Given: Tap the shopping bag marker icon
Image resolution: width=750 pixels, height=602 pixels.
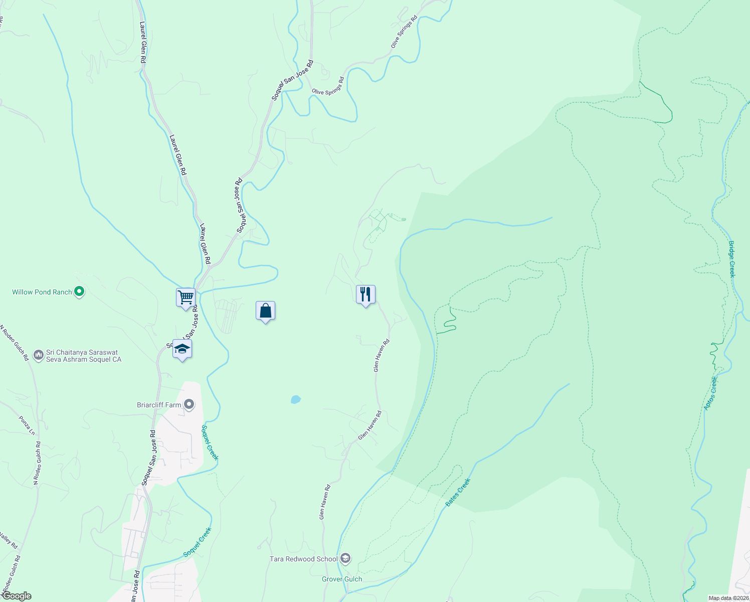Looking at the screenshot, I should pos(265,311).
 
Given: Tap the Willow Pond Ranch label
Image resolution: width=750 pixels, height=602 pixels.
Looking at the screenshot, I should pos(42,292).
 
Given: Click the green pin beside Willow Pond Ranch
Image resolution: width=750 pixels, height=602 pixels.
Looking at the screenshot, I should pos(79,291).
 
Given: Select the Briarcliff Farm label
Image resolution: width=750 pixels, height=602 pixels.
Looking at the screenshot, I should pos(159,405).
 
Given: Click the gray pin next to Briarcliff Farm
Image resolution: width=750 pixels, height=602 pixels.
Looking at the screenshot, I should pos(189,404).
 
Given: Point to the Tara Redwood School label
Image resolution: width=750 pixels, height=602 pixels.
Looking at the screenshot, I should pos(304,559).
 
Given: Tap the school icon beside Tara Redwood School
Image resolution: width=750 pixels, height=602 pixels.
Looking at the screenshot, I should pos(345,558).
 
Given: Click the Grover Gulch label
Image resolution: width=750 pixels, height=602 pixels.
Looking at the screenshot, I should pos(342,579).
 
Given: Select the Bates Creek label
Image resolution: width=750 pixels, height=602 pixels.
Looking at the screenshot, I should pos(458,492).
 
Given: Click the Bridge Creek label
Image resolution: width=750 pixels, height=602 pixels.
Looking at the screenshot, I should pos(732,259).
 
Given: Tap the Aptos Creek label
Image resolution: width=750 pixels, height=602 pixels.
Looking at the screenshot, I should pos(711,393).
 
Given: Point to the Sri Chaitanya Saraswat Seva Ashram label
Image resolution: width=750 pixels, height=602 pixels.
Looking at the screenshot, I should pos(84,356).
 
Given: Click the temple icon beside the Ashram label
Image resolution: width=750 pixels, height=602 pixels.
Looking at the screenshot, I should pos(39,355).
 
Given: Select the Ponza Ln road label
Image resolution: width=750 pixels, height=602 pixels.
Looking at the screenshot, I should pos(27,425).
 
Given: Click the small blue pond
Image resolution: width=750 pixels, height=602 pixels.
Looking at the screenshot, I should pos(296,399).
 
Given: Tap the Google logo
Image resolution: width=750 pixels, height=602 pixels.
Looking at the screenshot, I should pos(16,596).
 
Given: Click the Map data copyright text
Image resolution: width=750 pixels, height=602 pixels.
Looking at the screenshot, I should pos(728,598).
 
